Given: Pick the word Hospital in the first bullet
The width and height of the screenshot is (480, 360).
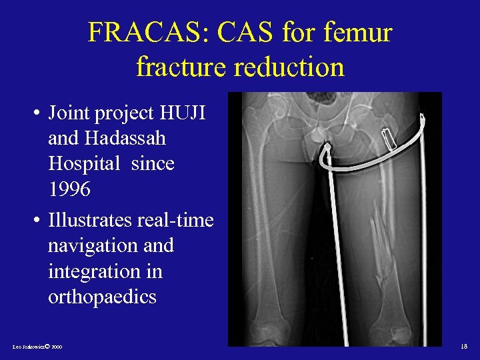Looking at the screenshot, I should click(81, 164).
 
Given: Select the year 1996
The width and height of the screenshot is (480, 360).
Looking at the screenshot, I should click(69, 190).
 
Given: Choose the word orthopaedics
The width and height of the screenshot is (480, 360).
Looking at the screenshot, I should click(102, 297).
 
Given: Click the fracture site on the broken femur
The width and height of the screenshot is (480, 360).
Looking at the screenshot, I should click(381, 233).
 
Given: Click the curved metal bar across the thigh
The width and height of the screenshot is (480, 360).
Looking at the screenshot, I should click(373, 160).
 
